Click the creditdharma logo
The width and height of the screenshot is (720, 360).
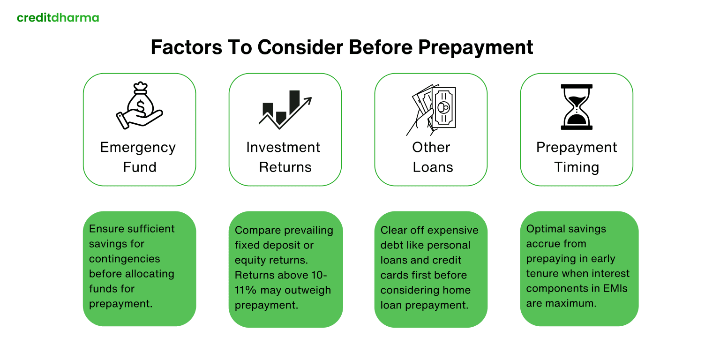tap(58, 18)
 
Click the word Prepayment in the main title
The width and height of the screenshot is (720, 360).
tap(475, 48)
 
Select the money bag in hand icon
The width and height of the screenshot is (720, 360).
tap(139, 105)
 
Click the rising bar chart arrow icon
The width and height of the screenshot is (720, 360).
tap(285, 109)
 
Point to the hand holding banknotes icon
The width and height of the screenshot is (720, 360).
tap(431, 109)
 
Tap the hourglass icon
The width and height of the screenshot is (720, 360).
tap(577, 107)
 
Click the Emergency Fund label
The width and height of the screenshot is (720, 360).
tap(139, 157)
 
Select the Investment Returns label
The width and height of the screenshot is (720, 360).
tap(284, 157)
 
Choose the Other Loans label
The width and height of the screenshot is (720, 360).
tap(432, 157)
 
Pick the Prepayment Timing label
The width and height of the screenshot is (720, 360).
tap(577, 157)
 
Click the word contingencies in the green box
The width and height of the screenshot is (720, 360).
tap(125, 259)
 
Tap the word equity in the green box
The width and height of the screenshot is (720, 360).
tap(250, 260)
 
